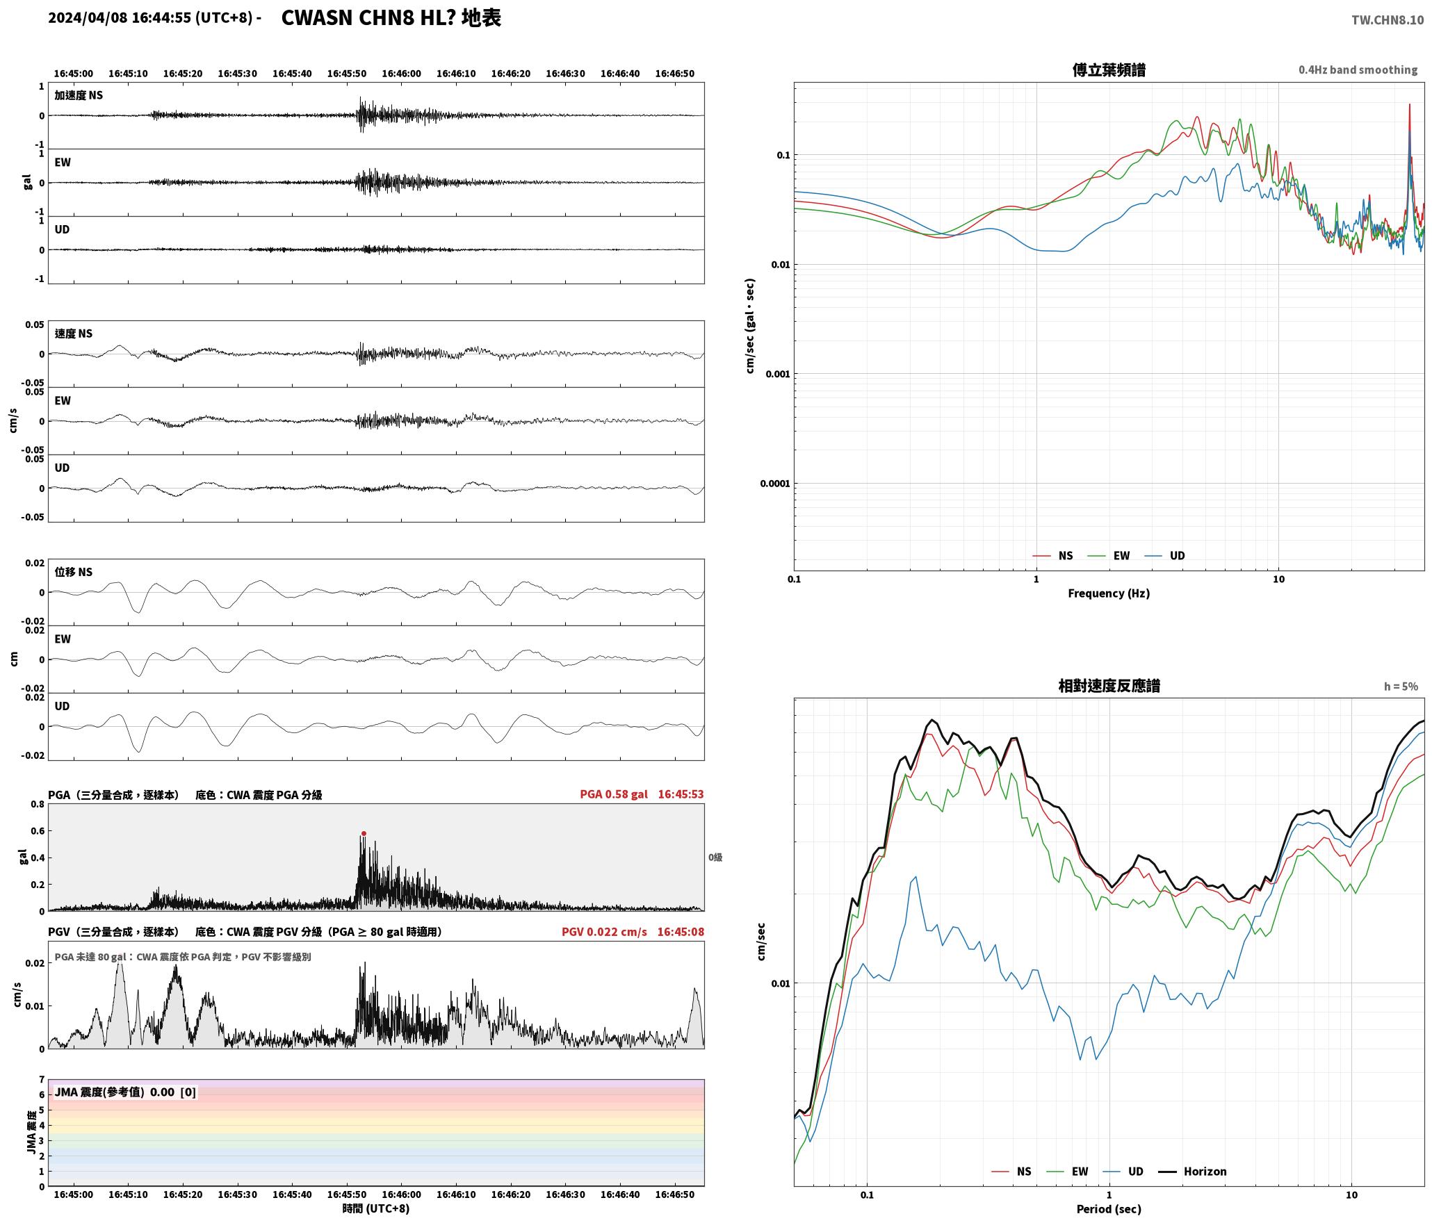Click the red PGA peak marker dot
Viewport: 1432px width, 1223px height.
pos(364,834)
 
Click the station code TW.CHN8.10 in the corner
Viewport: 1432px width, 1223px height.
pos(1388,20)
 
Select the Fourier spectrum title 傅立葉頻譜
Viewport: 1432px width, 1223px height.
pos(1109,70)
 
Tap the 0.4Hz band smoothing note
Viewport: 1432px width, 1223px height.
pos(1358,70)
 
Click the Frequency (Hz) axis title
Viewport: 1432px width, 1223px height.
pos(1109,593)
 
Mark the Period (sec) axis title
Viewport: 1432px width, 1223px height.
pos(1109,1209)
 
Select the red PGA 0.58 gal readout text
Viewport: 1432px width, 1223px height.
pos(614,794)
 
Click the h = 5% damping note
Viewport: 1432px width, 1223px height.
pos(1401,687)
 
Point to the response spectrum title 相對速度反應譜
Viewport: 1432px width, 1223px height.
pos(1109,686)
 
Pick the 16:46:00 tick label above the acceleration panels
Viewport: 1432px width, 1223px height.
pos(401,74)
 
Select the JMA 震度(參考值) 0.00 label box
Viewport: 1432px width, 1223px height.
pos(125,1092)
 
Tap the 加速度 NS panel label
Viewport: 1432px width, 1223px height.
pos(79,95)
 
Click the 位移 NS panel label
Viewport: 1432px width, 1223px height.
pos(73,572)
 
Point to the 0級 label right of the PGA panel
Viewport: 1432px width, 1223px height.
pos(715,857)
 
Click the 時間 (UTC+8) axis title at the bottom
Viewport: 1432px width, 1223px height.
pos(375,1208)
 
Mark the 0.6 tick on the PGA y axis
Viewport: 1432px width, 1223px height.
pos(37,831)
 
